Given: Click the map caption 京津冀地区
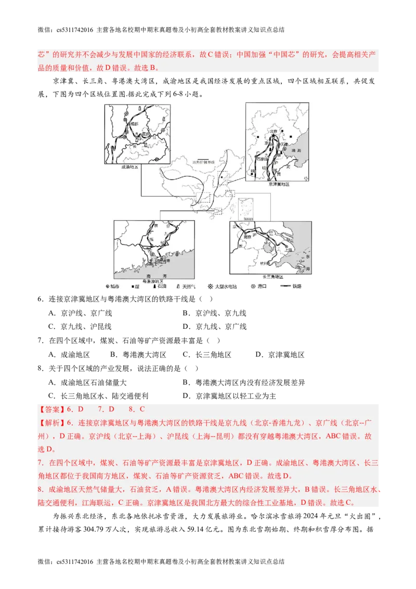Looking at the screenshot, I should point(279,184).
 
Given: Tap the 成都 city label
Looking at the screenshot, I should point(135,124).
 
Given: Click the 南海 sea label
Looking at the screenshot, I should point(153,276).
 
